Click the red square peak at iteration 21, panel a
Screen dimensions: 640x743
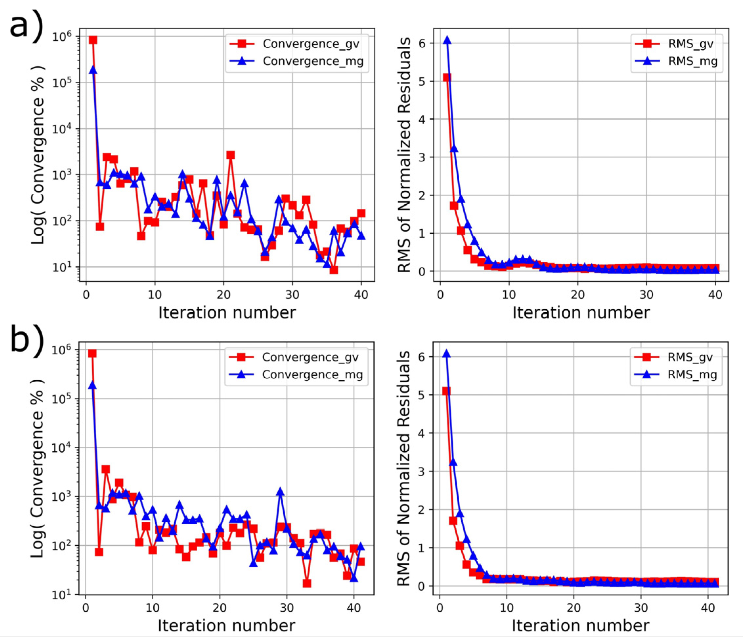click(230, 155)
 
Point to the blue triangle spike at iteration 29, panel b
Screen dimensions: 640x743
click(280, 491)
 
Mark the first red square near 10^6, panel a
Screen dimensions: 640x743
click(93, 40)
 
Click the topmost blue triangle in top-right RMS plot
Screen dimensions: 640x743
click(447, 40)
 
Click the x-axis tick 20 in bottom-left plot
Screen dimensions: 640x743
click(219, 608)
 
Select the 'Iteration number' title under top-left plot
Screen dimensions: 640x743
click(227, 313)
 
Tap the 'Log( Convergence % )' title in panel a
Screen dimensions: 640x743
click(38, 155)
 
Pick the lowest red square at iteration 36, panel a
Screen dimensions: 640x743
click(334, 270)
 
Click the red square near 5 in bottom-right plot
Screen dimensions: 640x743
click(446, 391)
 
